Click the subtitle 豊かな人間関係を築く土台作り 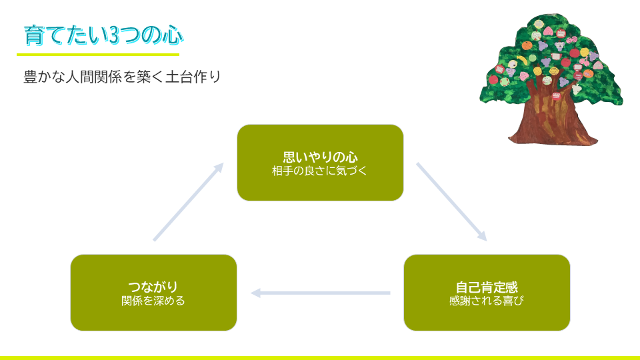click(122, 77)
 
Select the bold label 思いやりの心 click(320, 157)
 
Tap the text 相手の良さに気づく click(320, 171)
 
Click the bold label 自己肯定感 click(487, 287)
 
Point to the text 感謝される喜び click(487, 301)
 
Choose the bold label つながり click(153, 287)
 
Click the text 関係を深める click(153, 301)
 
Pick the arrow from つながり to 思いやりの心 click(189, 201)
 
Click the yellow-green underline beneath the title click(98, 55)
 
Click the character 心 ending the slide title click(173, 35)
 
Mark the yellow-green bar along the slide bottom click(320, 357)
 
